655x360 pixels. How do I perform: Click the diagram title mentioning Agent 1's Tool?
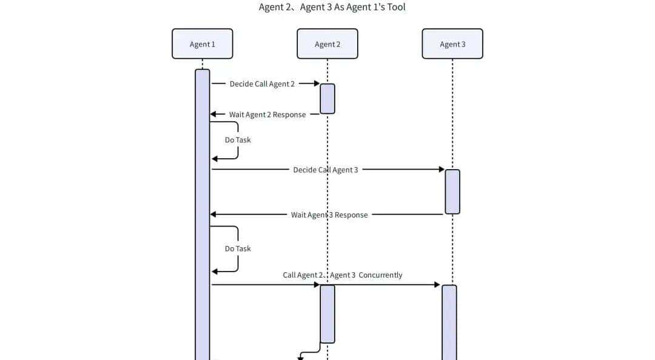[x=332, y=7]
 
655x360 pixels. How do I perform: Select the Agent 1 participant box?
[x=202, y=44]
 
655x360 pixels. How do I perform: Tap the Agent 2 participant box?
[x=327, y=44]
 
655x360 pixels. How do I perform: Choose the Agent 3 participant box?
[x=452, y=44]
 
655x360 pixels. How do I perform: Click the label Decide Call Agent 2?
[x=262, y=84]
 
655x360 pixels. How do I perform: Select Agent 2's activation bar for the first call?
[x=327, y=98]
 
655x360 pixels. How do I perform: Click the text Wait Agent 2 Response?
[x=267, y=115]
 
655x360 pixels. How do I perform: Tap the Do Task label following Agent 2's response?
[x=238, y=139]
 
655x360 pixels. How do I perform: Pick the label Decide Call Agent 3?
[x=326, y=170]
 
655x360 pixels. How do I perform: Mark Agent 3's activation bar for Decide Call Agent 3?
[x=452, y=192]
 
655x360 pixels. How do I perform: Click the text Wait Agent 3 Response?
[x=329, y=215]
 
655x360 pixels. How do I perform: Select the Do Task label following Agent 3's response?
[x=238, y=248]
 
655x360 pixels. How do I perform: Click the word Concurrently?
[x=380, y=275]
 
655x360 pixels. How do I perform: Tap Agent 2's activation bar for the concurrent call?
[x=327, y=313]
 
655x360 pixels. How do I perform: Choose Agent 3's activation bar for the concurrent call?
[x=449, y=321]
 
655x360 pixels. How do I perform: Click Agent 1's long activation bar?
[x=202, y=212]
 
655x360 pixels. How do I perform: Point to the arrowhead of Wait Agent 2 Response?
[x=213, y=115]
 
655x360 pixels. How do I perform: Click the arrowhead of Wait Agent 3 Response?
[x=213, y=215]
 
